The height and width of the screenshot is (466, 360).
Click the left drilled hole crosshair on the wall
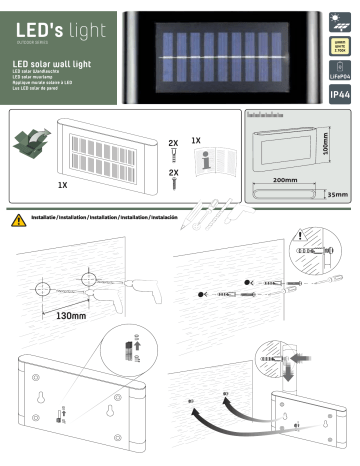tap(43, 290)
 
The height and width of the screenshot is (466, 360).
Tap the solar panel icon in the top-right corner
tap(337, 16)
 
